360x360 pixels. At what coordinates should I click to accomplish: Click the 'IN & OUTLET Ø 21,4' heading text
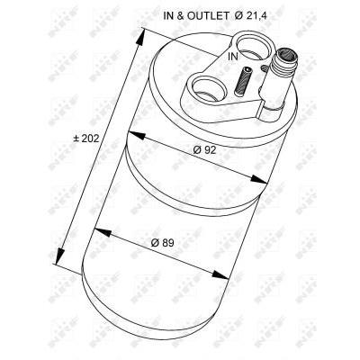pos(215,16)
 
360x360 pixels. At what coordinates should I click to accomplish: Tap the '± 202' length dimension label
pos(86,139)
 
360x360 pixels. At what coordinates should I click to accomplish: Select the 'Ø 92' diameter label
pos(204,149)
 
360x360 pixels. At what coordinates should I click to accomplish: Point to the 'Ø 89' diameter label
pos(163,242)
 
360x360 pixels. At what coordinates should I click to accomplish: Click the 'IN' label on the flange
pos(233,56)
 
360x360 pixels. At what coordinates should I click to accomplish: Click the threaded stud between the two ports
pos(242,81)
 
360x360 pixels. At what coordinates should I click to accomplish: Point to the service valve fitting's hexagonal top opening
pos(286,55)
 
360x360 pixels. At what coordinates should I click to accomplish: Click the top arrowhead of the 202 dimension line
pos(140,37)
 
